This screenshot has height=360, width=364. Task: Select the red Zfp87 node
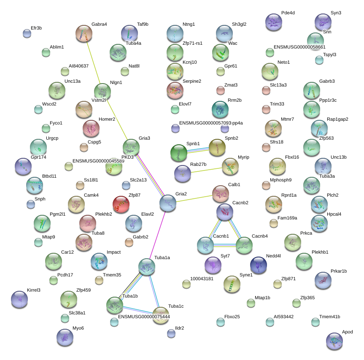[121, 205]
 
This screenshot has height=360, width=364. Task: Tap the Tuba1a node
[146, 267]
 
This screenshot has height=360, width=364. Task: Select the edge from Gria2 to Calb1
[194, 198]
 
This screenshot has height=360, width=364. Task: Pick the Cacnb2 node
[225, 212]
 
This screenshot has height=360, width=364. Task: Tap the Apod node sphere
[334, 341]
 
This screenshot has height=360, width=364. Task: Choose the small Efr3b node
[27, 34]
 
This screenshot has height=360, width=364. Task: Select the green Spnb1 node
[179, 153]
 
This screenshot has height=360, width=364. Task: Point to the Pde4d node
[274, 22]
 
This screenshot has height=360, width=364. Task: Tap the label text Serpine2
[191, 81]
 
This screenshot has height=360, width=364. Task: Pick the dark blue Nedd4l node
[259, 265]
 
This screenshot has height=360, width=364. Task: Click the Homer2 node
[91, 129]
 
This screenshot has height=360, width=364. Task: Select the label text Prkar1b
[338, 271]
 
